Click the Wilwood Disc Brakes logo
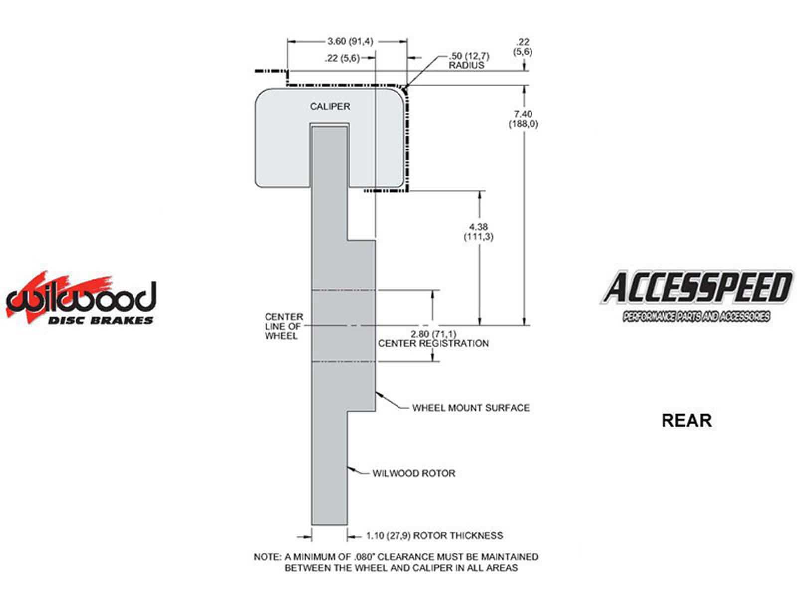coord(81,298)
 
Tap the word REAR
coord(686,421)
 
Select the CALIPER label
coord(330,106)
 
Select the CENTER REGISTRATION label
coord(433,343)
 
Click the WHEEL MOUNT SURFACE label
coord(471,408)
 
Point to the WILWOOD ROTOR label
coord(413,473)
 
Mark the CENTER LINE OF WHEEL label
coord(283,326)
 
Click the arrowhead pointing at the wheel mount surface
coord(379,394)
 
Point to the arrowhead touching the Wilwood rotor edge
coord(350,469)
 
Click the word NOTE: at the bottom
coord(267,557)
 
